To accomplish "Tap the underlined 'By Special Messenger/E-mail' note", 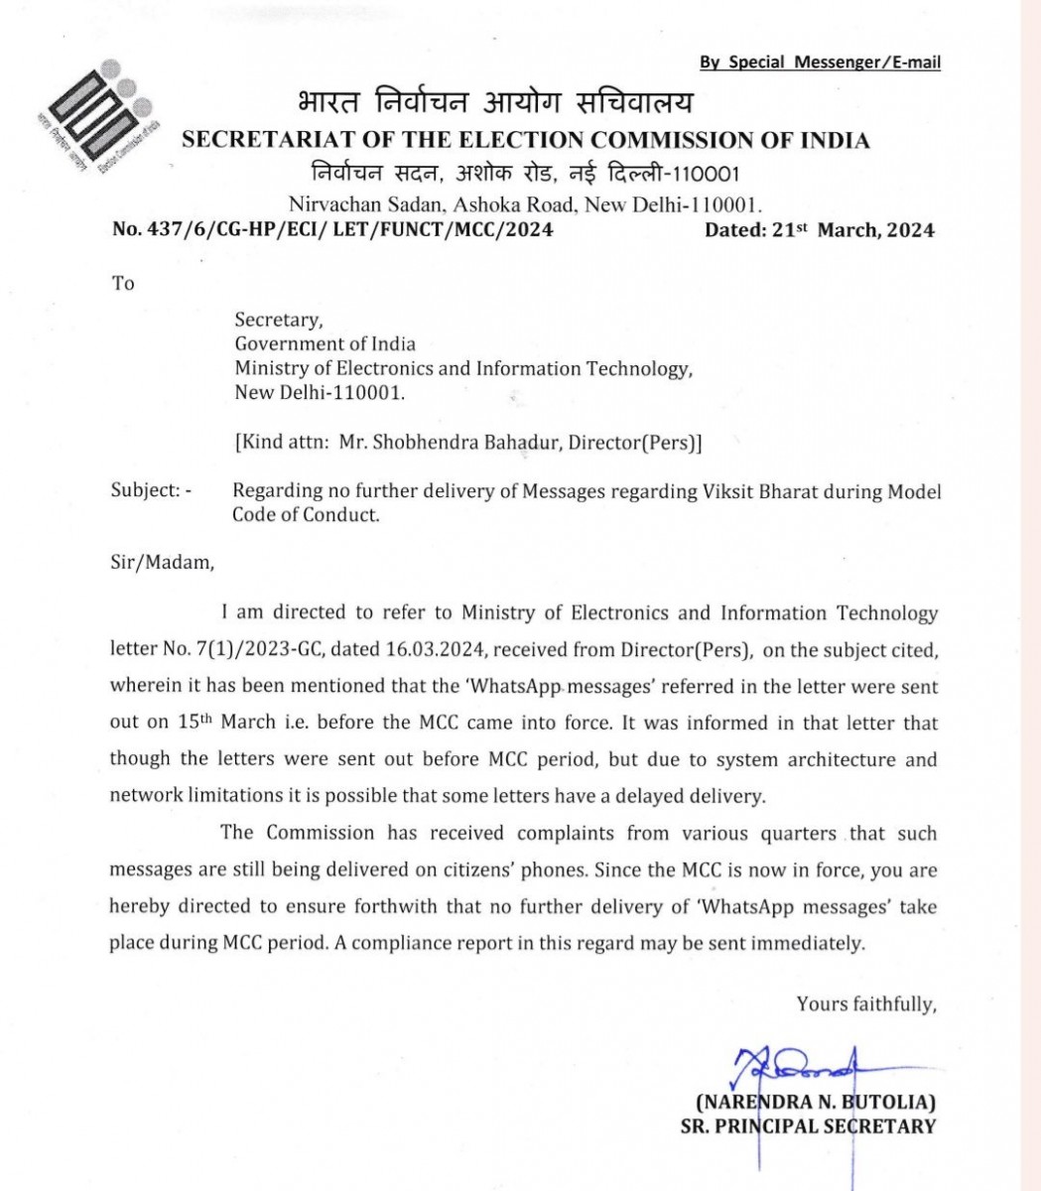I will tap(820, 63).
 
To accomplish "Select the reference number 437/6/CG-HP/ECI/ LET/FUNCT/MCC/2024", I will tap(332, 230).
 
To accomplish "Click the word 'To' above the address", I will tap(123, 283).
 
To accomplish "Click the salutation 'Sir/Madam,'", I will tap(161, 563).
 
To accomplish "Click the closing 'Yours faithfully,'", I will tap(866, 1004).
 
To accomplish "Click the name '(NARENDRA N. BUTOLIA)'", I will tap(816, 1102).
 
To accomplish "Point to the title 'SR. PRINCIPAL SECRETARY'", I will tap(807, 1125).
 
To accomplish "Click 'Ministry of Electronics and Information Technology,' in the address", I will tap(463, 368).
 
